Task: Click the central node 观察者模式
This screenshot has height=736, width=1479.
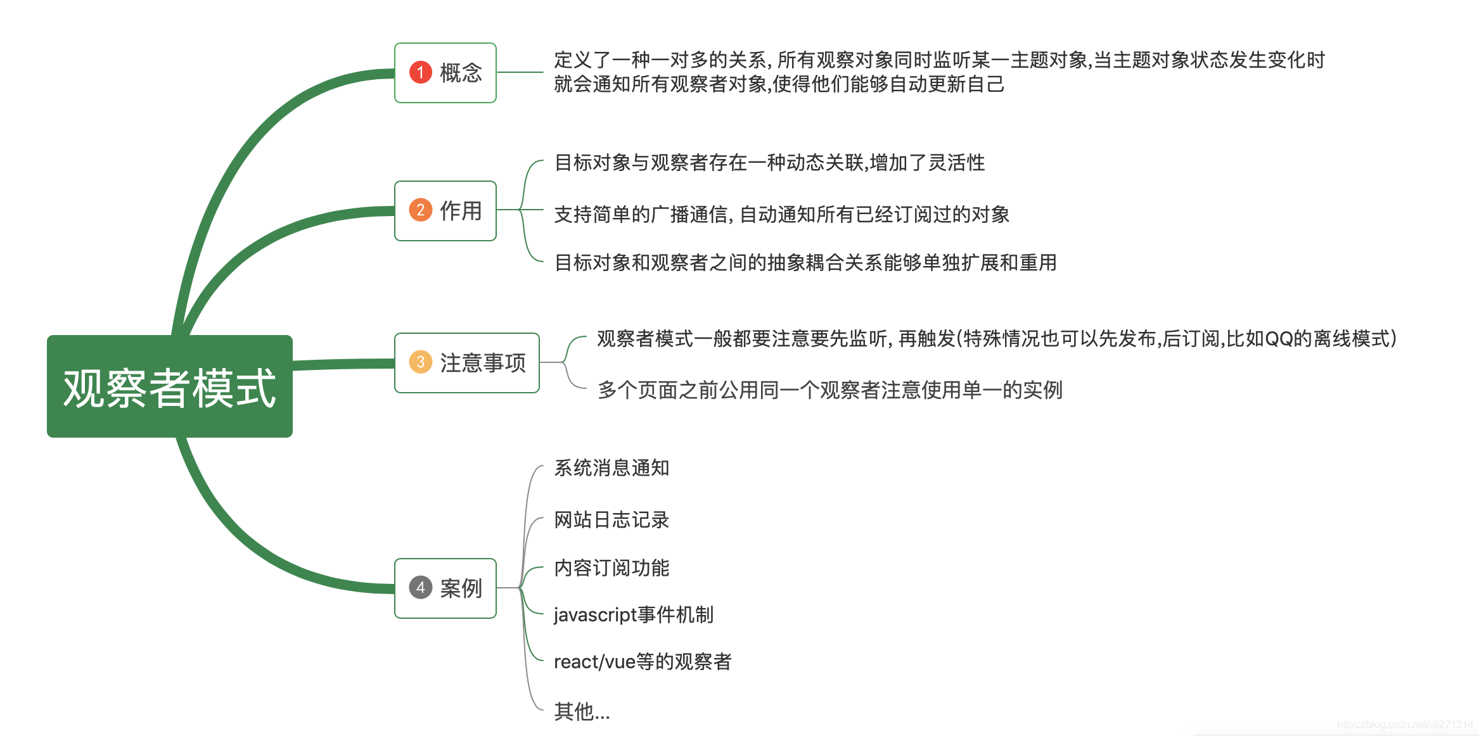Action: click(170, 386)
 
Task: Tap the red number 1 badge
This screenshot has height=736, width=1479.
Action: click(420, 72)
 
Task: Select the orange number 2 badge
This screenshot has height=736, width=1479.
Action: click(420, 210)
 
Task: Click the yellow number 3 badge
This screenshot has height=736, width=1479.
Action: click(420, 362)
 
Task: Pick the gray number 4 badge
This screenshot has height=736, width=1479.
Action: click(420, 588)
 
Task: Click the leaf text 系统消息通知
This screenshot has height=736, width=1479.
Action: click(611, 468)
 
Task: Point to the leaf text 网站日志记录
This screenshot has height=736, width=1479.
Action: click(611, 520)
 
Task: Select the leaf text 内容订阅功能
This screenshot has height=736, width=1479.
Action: click(611, 568)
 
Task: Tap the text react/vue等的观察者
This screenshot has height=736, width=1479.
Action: click(643, 662)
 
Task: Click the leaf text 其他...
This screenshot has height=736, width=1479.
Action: click(582, 711)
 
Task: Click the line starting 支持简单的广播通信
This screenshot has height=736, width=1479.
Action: click(781, 215)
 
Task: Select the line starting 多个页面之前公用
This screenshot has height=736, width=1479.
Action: click(829, 390)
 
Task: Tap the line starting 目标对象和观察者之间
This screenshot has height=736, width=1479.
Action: click(805, 262)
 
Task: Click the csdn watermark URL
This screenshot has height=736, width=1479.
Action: click(1405, 725)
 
